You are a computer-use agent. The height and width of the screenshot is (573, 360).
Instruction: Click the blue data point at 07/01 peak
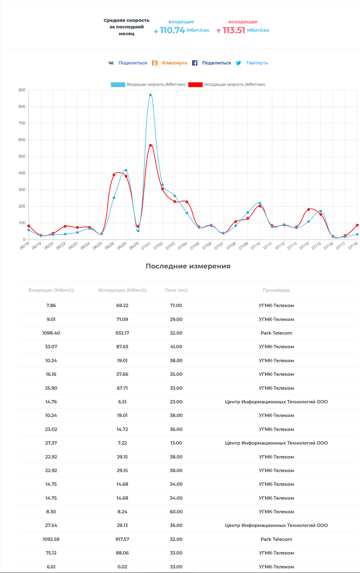tap(150, 95)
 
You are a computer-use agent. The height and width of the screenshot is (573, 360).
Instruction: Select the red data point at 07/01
tap(150, 145)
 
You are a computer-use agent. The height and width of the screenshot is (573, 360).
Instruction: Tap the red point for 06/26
tap(114, 175)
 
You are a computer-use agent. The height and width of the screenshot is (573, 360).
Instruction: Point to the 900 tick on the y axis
tap(22, 90)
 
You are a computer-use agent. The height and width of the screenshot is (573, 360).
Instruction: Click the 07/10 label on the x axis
tap(256, 245)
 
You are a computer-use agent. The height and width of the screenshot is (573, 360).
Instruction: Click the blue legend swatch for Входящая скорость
tap(118, 85)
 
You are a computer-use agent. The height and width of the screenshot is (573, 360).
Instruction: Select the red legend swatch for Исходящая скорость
tap(195, 85)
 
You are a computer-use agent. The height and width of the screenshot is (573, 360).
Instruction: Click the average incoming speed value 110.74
tap(172, 30)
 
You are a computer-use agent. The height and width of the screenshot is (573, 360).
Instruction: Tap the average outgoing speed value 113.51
tap(234, 30)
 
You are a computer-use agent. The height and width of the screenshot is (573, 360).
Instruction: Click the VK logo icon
tap(111, 63)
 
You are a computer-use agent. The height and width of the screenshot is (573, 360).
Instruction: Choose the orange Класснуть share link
tap(175, 63)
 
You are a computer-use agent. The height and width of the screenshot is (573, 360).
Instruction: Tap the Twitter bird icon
tap(239, 63)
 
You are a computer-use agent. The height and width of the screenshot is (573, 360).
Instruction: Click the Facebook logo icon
tap(195, 63)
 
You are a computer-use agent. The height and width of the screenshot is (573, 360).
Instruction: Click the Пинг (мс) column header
tap(176, 290)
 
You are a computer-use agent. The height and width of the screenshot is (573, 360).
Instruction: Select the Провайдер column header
tap(276, 290)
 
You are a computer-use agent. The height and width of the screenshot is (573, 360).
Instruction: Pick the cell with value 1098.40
tap(51, 333)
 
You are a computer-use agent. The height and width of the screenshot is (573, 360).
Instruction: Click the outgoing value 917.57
tap(122, 539)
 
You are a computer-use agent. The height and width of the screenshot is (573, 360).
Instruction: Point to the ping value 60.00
tap(176, 512)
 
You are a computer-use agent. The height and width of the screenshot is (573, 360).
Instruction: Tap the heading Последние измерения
tap(188, 266)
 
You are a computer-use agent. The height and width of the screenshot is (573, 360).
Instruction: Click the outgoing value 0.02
tap(122, 567)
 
